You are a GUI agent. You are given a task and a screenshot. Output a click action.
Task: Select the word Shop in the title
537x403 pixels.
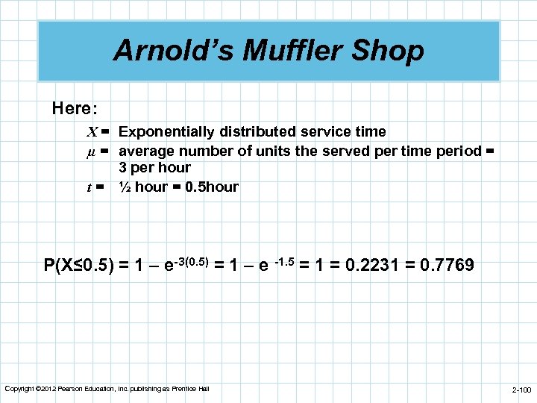(393, 51)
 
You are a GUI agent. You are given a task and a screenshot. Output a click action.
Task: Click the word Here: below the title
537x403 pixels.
(75, 108)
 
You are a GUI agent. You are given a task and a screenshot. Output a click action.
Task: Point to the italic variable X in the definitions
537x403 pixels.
(92, 132)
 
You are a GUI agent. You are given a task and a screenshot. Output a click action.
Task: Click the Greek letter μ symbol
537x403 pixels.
(92, 151)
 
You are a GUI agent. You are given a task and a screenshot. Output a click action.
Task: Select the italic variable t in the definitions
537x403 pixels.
(95, 187)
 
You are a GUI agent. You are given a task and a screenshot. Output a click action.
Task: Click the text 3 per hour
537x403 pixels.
(154, 168)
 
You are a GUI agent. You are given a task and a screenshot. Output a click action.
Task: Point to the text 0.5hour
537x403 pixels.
(211, 187)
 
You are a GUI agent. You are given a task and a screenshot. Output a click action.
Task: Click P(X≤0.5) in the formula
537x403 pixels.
(78, 265)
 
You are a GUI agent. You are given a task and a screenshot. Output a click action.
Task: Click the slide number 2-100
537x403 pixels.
(521, 390)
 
